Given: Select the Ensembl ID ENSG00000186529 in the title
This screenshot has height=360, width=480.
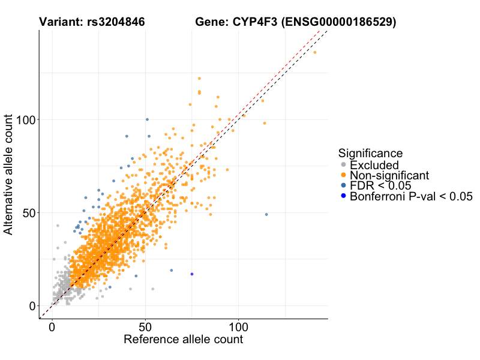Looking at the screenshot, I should [340, 22].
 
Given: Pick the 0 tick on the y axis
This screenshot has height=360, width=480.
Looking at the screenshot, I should [31, 305].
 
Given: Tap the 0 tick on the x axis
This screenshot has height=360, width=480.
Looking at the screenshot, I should [52, 328].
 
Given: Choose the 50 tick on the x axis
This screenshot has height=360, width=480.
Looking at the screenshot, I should [145, 328].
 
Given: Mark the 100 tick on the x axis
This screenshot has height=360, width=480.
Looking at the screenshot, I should [238, 328].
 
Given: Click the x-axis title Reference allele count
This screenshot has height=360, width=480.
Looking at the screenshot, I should [183, 340].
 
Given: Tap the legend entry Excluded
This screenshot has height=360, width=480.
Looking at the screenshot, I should [374, 165].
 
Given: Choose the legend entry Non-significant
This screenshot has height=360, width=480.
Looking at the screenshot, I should [389, 175].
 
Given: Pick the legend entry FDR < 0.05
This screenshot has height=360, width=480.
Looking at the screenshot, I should [380, 185].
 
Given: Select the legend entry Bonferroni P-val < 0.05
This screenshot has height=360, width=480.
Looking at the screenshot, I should [412, 196].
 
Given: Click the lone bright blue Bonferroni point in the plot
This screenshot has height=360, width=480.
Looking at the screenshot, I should [192, 274].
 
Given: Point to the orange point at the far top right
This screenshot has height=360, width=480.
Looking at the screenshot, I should [315, 52].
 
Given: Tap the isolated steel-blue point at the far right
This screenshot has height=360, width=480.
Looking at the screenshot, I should [266, 214].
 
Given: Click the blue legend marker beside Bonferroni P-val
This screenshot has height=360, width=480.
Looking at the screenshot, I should [343, 196].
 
